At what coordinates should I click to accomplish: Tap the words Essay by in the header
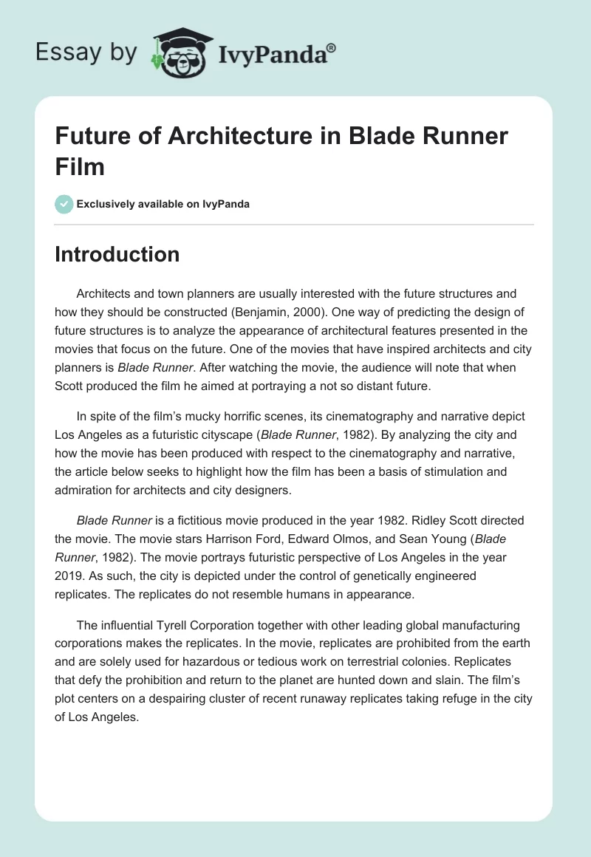(x=86, y=52)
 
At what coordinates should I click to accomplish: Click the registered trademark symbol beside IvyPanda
(x=332, y=47)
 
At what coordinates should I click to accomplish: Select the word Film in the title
(x=80, y=166)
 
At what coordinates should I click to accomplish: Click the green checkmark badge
(x=64, y=204)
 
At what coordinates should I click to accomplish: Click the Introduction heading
(x=117, y=255)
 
